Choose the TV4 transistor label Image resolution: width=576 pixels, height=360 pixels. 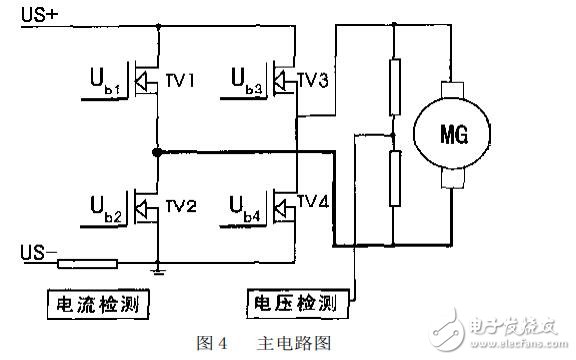tap(314, 203)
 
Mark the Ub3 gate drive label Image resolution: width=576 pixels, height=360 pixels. tap(245, 80)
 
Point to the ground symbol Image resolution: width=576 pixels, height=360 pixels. tap(159, 268)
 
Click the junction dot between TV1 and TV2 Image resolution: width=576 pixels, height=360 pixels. tap(157, 152)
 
